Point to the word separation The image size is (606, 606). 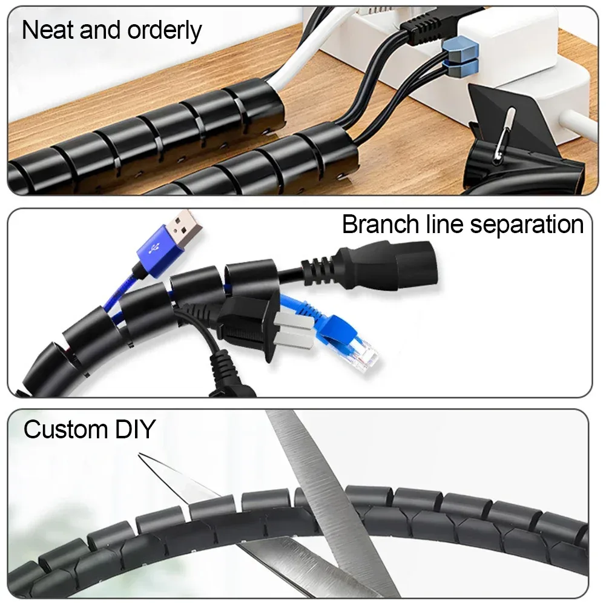pos(527,226)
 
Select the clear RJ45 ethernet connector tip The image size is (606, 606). pos(365,354)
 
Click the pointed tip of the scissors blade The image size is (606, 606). pos(140,455)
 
